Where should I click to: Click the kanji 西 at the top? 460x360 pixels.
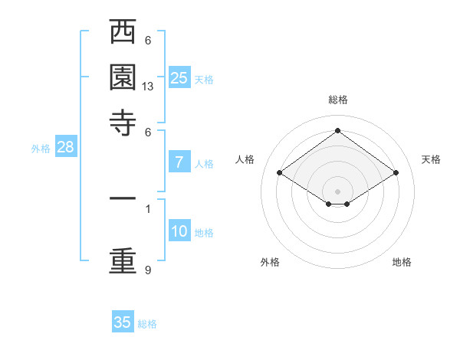(x=123, y=34)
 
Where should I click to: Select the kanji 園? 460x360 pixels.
(x=123, y=79)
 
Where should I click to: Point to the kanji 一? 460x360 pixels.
(x=123, y=198)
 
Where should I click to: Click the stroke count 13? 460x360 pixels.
(x=148, y=87)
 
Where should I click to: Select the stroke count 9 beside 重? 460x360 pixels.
(x=148, y=270)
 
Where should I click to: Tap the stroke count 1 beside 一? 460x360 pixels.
(x=148, y=208)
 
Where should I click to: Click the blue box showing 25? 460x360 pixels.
(x=179, y=77)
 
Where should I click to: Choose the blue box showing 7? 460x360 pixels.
(x=179, y=162)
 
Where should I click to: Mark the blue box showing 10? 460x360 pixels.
(x=179, y=231)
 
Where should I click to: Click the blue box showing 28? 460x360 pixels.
(x=65, y=147)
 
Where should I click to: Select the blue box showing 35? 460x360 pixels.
(x=123, y=322)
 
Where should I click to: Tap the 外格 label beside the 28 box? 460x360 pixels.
(x=41, y=149)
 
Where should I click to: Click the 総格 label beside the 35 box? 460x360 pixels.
(x=147, y=324)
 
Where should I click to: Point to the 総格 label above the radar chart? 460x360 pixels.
(x=337, y=100)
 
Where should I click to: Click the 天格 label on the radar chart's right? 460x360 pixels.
(x=431, y=159)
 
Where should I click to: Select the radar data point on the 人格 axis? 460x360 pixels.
(x=280, y=173)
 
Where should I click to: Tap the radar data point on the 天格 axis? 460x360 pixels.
(x=396, y=173)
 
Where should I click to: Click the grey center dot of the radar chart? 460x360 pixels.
(x=337, y=191)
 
